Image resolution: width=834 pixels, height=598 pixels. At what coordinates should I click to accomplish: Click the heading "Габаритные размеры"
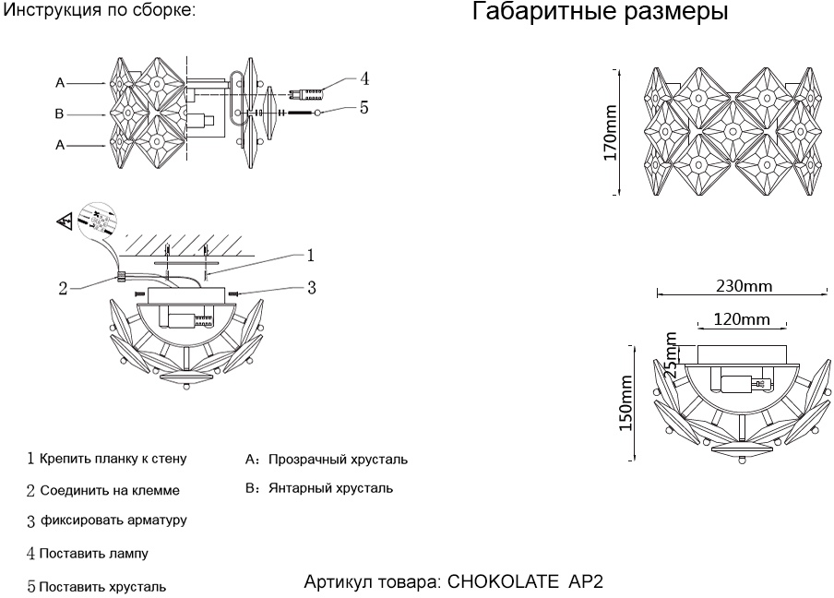click(x=600, y=14)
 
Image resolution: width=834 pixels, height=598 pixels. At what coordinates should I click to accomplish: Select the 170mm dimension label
click(x=611, y=132)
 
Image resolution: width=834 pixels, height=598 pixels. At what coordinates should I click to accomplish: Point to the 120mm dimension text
click(x=742, y=319)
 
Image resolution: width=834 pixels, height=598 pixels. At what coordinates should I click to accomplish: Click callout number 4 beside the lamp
click(x=364, y=78)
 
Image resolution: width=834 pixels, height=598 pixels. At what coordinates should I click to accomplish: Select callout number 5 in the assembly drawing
click(x=364, y=108)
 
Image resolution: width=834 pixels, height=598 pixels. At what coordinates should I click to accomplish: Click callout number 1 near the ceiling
click(x=312, y=253)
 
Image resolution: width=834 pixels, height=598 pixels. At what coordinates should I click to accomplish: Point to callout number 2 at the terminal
click(x=63, y=288)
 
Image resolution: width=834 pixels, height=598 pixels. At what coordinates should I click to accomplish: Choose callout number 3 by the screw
click(x=312, y=288)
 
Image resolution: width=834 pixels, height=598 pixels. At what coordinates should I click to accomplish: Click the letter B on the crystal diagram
click(x=59, y=114)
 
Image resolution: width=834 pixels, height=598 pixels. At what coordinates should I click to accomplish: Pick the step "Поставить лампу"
click(x=93, y=554)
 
